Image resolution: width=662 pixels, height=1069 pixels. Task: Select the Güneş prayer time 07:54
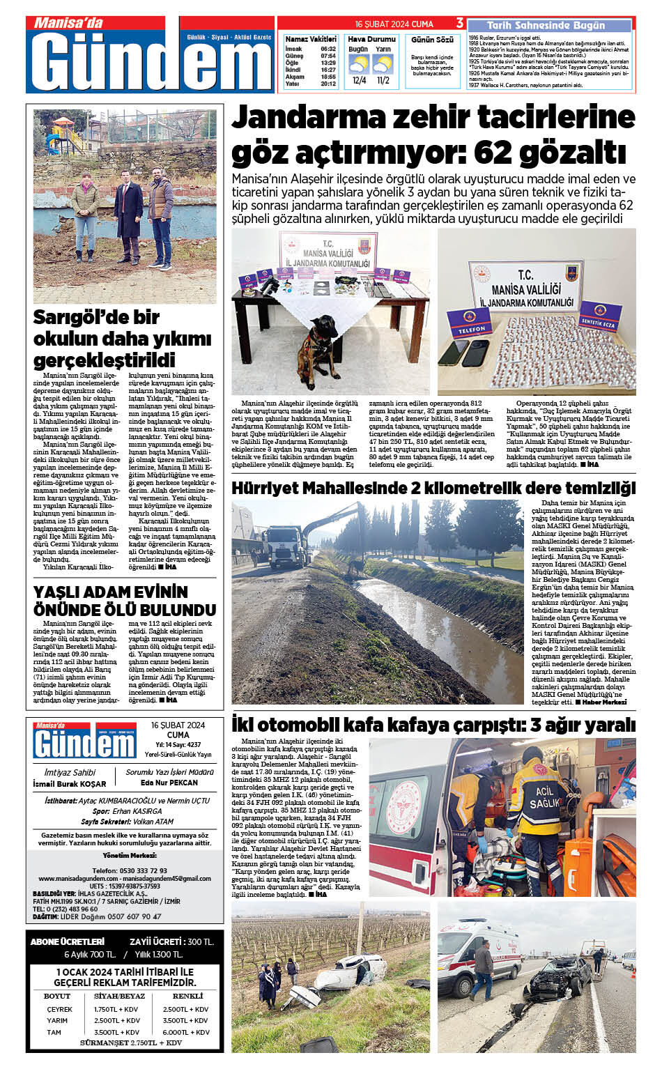(x=328, y=56)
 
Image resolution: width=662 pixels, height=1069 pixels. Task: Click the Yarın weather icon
(x=383, y=65)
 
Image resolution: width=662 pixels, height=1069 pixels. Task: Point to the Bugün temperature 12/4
(x=359, y=81)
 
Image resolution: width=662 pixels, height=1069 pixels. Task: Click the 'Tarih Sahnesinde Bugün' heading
(x=546, y=26)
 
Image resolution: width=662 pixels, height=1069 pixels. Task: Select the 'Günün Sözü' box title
(x=432, y=40)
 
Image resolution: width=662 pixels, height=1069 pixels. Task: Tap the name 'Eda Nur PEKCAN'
(x=169, y=783)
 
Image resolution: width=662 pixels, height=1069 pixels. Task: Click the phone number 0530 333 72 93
(x=129, y=870)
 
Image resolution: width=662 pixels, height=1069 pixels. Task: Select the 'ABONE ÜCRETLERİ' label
(x=67, y=941)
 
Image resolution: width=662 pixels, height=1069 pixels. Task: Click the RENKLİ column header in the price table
(x=187, y=996)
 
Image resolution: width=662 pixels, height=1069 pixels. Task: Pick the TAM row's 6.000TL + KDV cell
(x=186, y=1032)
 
